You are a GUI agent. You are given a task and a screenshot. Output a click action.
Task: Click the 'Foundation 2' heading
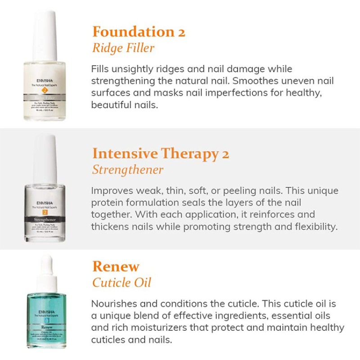click(x=139, y=32)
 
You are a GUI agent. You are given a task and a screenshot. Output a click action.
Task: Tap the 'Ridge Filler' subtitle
click(x=123, y=48)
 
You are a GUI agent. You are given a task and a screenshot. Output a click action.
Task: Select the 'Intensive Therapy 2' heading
click(x=161, y=153)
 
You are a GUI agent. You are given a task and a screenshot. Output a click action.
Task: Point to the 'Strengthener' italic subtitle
click(x=128, y=170)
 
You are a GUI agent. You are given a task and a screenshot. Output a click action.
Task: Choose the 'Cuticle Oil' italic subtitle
click(x=122, y=283)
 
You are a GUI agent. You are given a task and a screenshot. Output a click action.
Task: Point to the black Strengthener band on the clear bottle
click(x=45, y=219)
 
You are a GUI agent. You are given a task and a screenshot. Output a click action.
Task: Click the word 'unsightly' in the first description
click(x=129, y=69)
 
